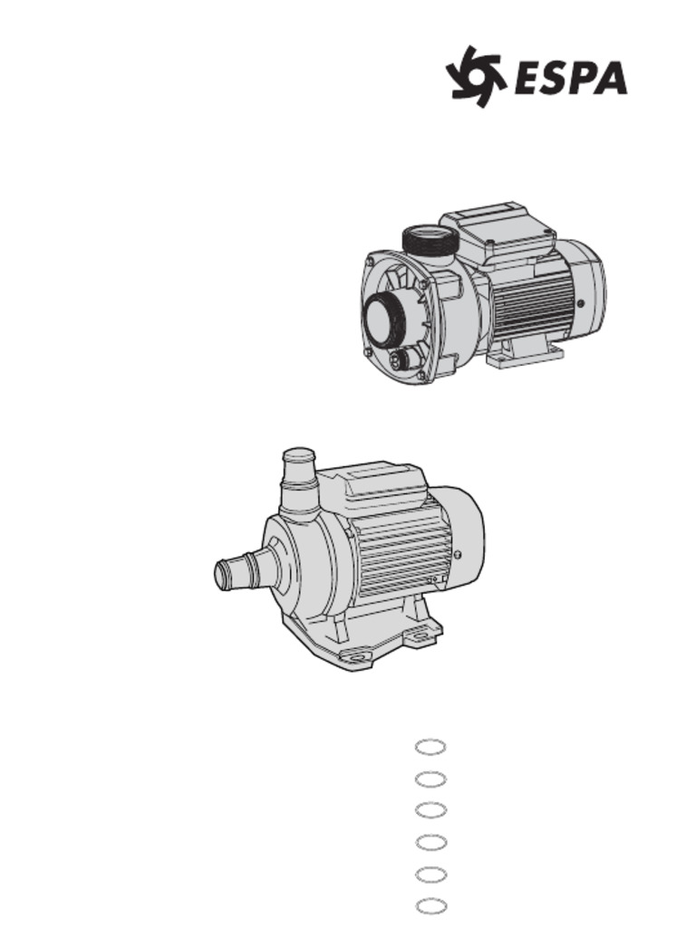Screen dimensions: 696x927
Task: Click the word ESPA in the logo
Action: point(572,78)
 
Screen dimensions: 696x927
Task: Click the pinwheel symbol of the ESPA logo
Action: point(476,76)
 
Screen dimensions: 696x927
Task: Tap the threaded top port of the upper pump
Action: point(430,241)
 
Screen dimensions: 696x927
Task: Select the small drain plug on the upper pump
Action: point(401,358)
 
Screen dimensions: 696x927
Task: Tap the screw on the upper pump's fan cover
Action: point(581,304)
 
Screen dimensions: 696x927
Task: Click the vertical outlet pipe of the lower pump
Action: point(299,484)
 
